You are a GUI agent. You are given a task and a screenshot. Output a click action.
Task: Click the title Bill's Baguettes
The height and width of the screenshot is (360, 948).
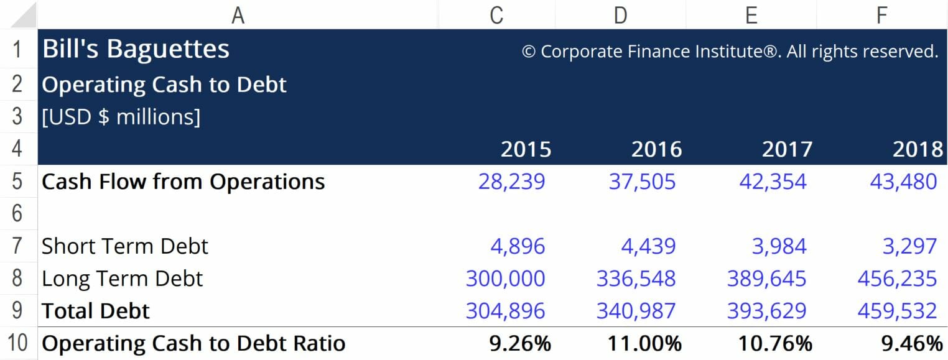136,50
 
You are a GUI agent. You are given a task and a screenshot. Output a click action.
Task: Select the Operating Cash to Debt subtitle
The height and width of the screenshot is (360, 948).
164,85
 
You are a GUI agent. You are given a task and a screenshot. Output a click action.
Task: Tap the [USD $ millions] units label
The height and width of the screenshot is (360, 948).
121,117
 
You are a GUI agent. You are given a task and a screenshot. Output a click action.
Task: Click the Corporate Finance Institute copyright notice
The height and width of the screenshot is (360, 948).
730,52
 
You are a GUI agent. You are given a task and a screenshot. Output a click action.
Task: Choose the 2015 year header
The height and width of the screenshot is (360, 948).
526,150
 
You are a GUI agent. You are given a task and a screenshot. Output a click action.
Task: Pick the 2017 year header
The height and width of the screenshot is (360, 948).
787,150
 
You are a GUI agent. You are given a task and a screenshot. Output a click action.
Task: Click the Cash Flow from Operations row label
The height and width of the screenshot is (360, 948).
183,182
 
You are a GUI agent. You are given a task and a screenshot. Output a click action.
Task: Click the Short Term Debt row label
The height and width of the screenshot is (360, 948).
124,246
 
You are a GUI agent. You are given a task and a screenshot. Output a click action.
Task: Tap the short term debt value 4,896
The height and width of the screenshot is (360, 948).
518,246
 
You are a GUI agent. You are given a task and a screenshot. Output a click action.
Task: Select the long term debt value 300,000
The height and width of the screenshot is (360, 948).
505,279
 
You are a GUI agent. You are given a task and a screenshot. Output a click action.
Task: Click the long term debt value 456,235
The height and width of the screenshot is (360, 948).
897,279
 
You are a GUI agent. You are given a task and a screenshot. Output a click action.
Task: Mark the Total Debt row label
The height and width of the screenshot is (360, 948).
96,311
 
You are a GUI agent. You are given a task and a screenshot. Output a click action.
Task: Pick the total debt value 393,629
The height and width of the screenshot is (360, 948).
766,311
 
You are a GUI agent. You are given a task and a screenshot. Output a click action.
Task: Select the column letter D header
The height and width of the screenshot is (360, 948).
620,14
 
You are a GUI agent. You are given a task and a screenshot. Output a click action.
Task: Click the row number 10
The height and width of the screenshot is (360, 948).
17,343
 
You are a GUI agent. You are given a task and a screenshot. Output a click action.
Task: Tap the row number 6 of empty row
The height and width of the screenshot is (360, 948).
17,214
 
